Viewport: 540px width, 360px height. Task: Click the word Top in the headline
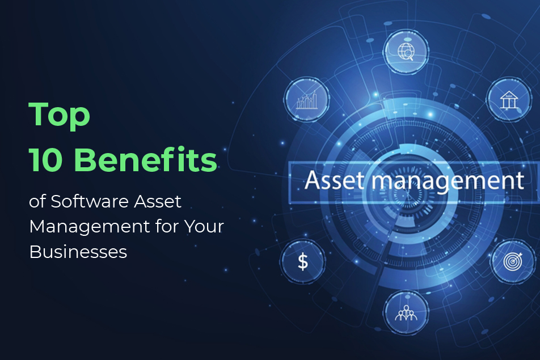pyautogui.click(x=60, y=115)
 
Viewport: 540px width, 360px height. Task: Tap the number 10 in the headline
pyautogui.click(x=47, y=161)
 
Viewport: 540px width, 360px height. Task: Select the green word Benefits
pyautogui.click(x=145, y=161)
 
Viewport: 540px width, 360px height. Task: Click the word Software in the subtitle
pyautogui.click(x=83, y=201)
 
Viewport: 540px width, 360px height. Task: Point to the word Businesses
pyautogui.click(x=78, y=251)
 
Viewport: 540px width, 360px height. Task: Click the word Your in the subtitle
pyautogui.click(x=202, y=226)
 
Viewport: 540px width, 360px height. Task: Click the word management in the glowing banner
pyautogui.click(x=442, y=181)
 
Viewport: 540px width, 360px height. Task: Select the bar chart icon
pyautogui.click(x=306, y=100)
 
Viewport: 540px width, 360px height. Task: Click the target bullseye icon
pyautogui.click(x=511, y=262)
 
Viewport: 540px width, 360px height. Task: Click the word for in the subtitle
pyautogui.click(x=164, y=226)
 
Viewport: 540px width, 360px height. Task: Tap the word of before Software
pyautogui.click(x=37, y=201)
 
